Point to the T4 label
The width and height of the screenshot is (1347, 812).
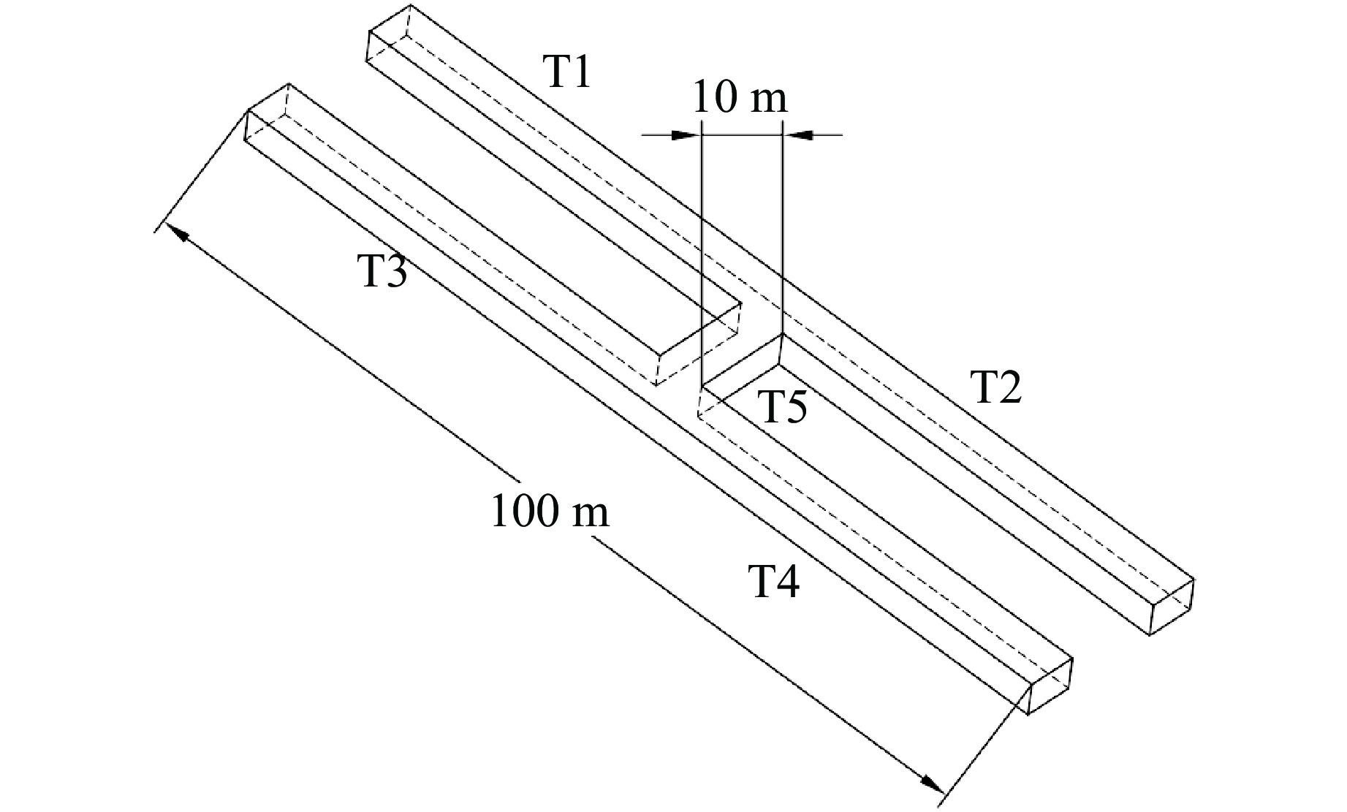pyautogui.click(x=776, y=582)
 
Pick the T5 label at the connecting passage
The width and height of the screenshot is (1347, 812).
pyautogui.click(x=783, y=407)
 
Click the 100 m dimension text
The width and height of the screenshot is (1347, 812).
pyautogui.click(x=550, y=511)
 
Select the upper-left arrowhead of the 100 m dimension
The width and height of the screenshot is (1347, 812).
pyautogui.click(x=178, y=233)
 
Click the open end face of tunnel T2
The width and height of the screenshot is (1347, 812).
pyautogui.click(x=1172, y=607)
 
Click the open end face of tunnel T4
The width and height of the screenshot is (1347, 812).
pyautogui.click(x=1051, y=686)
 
